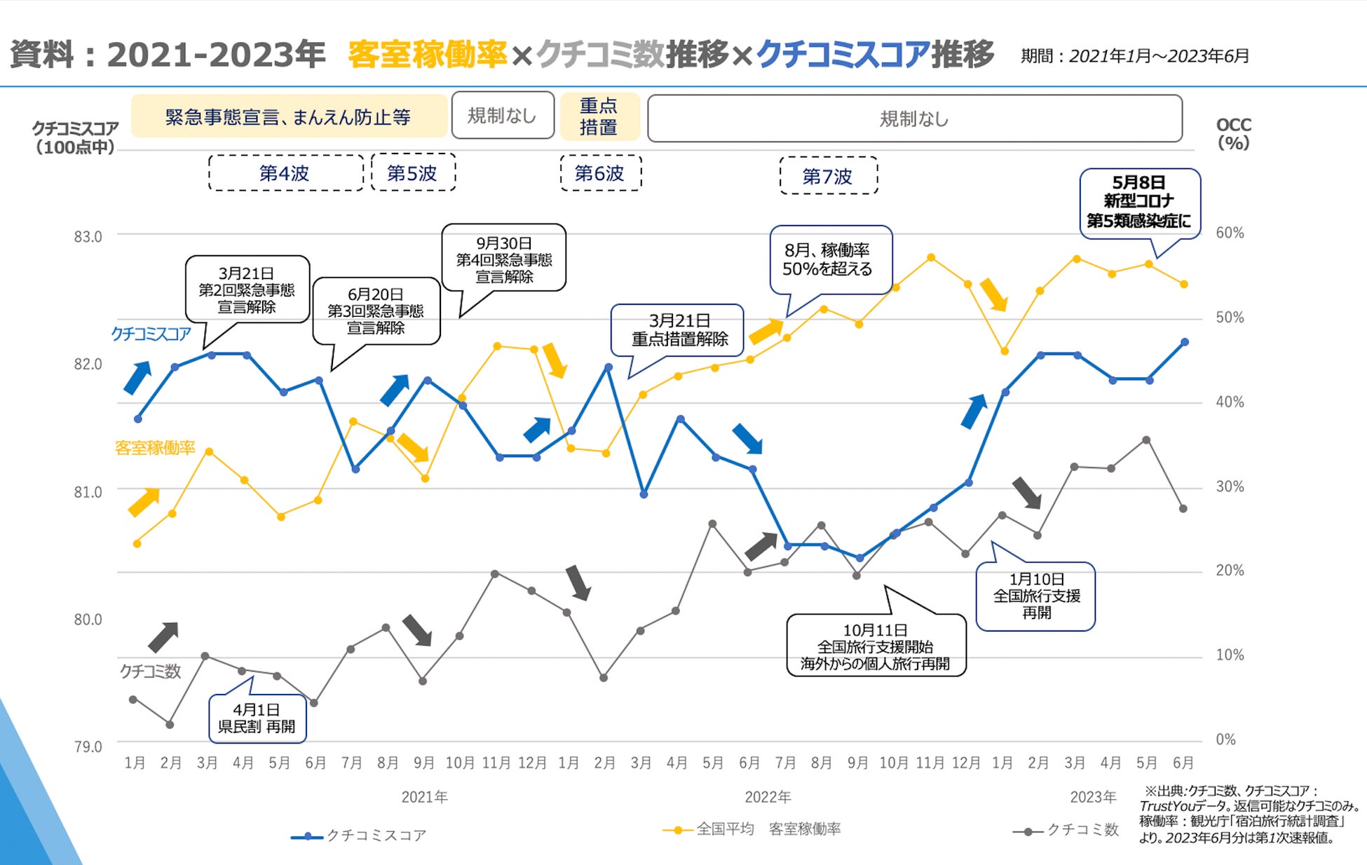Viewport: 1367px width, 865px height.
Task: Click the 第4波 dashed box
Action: click(x=285, y=173)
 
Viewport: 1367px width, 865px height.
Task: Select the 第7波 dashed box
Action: click(x=828, y=176)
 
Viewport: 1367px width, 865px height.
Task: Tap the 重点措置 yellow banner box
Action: click(x=599, y=116)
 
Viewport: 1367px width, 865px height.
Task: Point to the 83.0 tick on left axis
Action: click(x=88, y=237)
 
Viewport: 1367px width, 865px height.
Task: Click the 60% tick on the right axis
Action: click(x=1230, y=233)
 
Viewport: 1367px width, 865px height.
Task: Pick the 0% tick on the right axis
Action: click(x=1225, y=740)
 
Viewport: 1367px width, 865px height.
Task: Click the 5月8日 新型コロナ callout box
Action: click(x=1139, y=202)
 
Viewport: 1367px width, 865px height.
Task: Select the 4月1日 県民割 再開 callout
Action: click(x=257, y=718)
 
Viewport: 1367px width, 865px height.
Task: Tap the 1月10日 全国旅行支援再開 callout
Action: click(x=1036, y=596)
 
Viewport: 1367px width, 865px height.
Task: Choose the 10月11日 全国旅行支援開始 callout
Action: click(x=876, y=646)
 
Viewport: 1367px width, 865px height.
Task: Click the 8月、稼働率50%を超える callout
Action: click(x=829, y=259)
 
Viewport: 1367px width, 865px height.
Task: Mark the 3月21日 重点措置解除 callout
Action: click(x=679, y=330)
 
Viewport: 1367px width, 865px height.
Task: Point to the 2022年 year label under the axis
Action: click(x=768, y=797)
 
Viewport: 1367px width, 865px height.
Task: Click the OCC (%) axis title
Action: click(x=1233, y=133)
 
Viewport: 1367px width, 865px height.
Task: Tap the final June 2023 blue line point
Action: click(x=1185, y=342)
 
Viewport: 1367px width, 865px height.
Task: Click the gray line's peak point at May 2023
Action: click(x=1146, y=440)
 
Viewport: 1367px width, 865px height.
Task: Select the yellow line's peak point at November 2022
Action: click(x=931, y=257)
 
